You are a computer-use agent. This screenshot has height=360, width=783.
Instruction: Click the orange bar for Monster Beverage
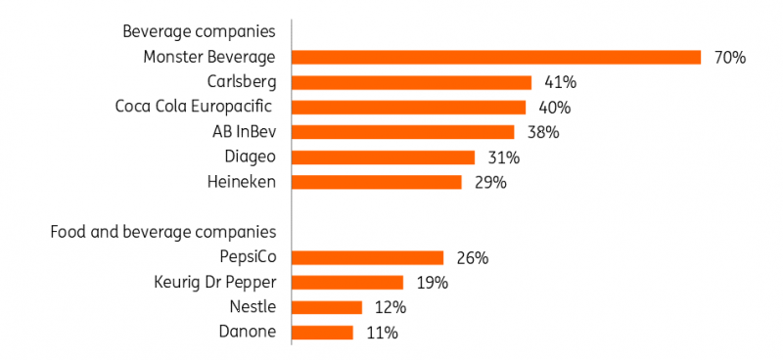(x=497, y=58)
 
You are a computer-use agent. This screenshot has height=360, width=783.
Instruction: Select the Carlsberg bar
(x=412, y=82)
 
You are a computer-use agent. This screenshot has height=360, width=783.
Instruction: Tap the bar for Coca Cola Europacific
(x=409, y=108)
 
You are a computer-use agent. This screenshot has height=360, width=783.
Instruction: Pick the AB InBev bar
(x=403, y=132)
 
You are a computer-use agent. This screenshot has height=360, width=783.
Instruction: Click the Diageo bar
(x=384, y=157)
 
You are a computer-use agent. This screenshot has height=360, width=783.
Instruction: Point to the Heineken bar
(x=377, y=182)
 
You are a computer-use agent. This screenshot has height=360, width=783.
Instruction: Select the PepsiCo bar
(x=368, y=258)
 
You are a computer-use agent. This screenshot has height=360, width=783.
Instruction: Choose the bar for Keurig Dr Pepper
(x=348, y=283)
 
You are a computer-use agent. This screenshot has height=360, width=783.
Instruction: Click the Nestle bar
(x=328, y=308)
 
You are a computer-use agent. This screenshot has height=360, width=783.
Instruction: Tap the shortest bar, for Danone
(x=323, y=333)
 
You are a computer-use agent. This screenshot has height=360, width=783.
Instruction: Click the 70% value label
(x=730, y=58)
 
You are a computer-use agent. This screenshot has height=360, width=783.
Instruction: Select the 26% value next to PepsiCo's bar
(x=472, y=258)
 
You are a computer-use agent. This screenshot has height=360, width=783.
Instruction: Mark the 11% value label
(x=382, y=333)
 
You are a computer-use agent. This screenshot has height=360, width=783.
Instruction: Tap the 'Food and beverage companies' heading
(x=163, y=232)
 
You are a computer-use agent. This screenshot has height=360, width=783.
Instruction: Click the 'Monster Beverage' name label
(x=209, y=58)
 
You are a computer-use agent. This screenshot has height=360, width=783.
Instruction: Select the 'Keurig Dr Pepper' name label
(x=215, y=283)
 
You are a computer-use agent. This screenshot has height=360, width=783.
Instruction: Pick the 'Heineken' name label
(x=242, y=182)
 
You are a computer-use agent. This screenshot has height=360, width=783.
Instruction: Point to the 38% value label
(x=542, y=132)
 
